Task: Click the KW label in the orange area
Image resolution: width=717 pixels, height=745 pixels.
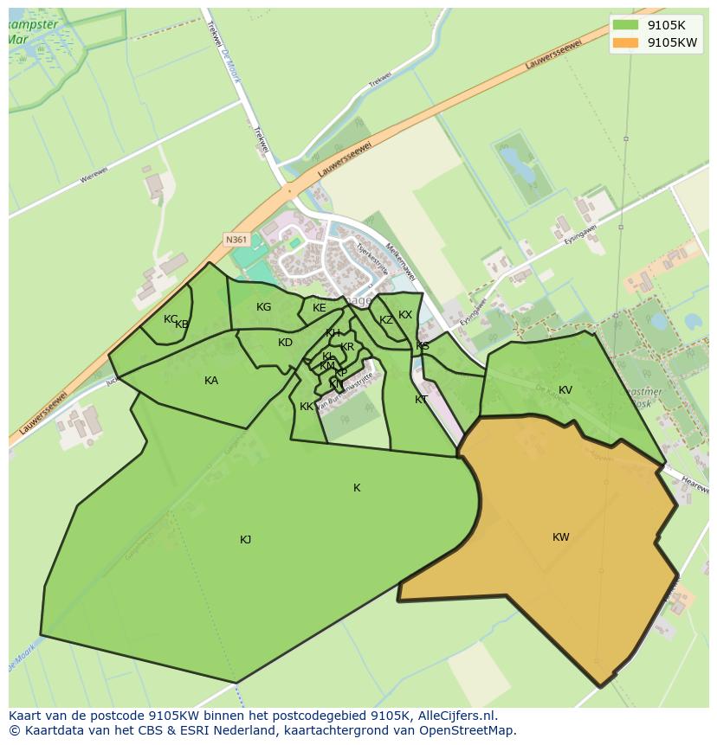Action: pos(561,537)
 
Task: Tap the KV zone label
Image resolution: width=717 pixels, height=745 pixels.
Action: pos(565,390)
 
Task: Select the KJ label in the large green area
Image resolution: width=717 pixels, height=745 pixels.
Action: pos(246,540)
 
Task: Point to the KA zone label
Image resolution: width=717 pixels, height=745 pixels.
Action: pos(211,381)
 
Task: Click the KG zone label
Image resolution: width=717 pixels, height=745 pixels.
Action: pos(264,307)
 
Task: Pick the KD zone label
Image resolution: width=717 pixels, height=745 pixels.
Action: pos(285,343)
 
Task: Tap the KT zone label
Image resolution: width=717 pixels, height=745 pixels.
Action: pos(421,400)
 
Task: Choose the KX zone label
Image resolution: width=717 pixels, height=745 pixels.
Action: pos(405,315)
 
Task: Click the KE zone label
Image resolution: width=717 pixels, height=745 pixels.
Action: pos(320,308)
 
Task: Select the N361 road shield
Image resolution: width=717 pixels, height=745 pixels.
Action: pos(235,239)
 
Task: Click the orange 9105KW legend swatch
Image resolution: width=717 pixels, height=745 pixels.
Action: pos(625,42)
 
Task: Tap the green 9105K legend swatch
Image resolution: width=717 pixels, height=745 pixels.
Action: pos(625,24)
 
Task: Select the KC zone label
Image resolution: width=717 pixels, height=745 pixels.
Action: pos(171,319)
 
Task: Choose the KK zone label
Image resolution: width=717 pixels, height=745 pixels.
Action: pos(307,407)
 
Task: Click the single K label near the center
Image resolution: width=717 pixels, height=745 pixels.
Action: pos(357,488)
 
